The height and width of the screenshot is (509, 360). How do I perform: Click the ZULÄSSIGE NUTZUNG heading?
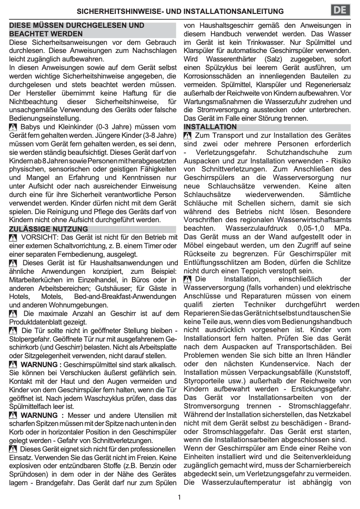pyautogui.click(x=49, y=229)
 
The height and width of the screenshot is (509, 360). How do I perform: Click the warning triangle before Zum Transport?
pyautogui.click(x=188, y=136)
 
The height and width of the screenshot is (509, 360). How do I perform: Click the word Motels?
pyautogui.click(x=50, y=297)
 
